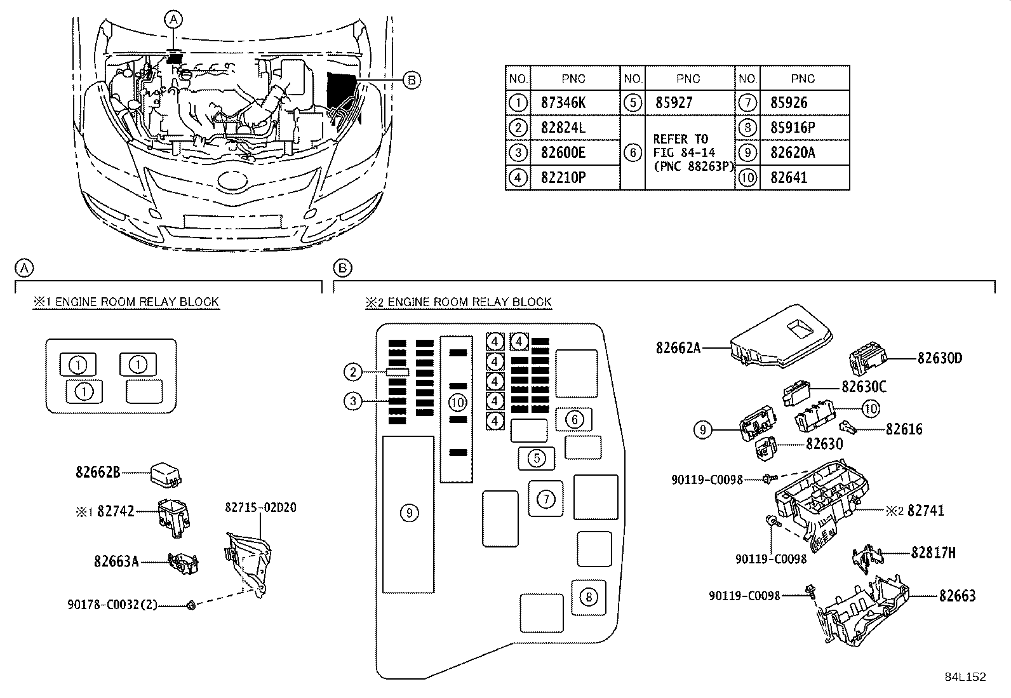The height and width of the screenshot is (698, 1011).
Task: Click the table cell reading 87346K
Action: coord(563,102)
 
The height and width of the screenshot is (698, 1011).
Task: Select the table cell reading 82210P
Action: coord(563,177)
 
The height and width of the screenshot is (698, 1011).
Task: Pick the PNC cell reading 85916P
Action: coord(793,128)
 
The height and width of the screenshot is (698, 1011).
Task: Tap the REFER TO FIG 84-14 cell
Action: coord(689,152)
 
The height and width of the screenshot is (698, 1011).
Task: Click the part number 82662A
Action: coord(678,348)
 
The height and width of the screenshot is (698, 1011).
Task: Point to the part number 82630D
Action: coord(939,358)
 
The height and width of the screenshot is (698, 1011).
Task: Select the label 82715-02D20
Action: coord(260,507)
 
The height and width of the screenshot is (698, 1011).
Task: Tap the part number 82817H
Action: coord(933,553)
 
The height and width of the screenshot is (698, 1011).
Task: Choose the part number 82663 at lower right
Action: coord(957,596)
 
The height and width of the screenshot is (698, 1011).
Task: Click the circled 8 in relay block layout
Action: coord(589,597)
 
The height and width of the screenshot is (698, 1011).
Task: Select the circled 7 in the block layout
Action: coord(546,499)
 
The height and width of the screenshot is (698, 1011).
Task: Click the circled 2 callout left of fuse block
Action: coord(354,372)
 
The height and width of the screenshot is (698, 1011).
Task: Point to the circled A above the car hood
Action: coord(173,20)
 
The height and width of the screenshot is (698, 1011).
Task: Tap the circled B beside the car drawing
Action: coord(412,79)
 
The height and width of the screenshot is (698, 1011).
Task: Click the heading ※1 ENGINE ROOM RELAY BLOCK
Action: coord(126,302)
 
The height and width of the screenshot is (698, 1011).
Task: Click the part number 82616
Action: coord(904,429)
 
